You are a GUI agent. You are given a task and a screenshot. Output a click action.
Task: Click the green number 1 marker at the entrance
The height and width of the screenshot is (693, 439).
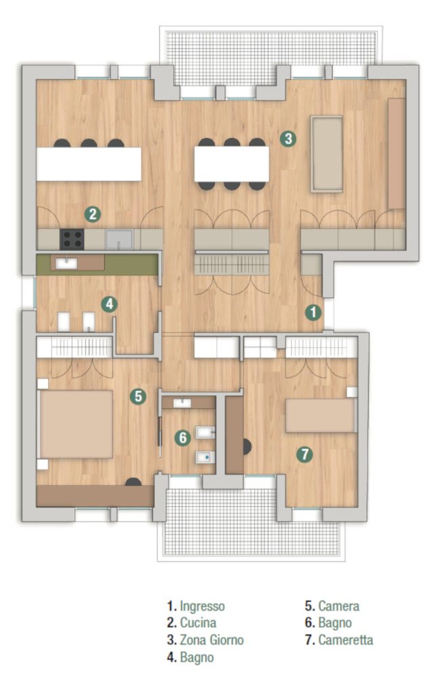[x=313, y=313]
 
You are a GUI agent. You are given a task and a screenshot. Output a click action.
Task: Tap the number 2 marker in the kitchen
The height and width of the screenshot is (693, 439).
[x=93, y=215]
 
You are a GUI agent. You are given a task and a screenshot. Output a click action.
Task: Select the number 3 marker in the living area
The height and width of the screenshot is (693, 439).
[x=288, y=138]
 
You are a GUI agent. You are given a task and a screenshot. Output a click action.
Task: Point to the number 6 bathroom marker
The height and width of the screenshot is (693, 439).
[x=182, y=438]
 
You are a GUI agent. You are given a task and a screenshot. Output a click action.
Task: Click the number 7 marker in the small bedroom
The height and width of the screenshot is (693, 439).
[x=304, y=454]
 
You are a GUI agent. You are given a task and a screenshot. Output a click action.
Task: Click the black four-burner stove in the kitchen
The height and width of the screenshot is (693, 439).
[x=72, y=239]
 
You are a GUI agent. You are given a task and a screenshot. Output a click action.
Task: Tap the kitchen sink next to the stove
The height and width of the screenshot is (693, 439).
[x=119, y=239]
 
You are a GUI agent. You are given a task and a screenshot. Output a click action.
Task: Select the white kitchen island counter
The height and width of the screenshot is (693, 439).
[x=89, y=164]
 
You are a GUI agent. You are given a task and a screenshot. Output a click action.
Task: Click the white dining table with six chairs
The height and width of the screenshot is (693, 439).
[x=232, y=164]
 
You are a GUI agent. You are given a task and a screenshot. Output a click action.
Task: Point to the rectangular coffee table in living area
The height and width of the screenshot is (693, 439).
[x=327, y=154]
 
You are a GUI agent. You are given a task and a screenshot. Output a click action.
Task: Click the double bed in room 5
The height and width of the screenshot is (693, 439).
[x=76, y=424]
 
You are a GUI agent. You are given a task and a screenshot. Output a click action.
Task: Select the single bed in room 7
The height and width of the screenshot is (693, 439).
[x=321, y=416]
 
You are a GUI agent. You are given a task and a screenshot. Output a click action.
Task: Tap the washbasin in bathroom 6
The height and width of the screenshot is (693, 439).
[x=182, y=403]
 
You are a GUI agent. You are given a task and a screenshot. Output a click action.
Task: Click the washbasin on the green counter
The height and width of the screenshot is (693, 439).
[x=66, y=263]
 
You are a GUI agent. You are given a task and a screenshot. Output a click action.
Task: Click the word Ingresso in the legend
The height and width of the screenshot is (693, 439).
[x=203, y=606]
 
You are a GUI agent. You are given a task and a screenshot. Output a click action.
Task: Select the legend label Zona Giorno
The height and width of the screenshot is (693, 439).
[x=211, y=640]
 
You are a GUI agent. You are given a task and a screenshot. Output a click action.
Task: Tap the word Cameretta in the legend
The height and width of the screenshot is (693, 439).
[x=346, y=640]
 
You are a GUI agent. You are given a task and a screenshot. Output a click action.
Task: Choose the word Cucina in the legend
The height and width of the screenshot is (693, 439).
[x=198, y=623]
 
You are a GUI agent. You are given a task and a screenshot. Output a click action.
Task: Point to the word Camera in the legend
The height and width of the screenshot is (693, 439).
[x=339, y=606]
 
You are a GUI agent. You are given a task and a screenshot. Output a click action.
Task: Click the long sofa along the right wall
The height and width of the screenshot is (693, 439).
[x=397, y=154]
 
